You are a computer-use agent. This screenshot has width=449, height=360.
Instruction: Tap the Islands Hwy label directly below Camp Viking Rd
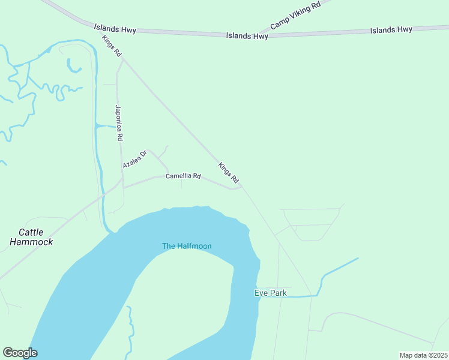pos(247,36)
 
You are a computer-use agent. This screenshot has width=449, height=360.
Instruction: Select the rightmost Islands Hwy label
pos(391,29)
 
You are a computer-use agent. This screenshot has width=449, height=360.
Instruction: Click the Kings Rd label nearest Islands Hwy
pos(112,47)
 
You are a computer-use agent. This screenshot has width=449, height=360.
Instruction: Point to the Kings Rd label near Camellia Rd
pos(229,173)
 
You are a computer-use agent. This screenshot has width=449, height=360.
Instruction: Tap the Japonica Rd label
pos(119,123)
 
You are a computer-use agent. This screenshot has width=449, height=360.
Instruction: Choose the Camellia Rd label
pos(183,176)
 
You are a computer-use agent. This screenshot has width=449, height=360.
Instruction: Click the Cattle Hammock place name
pos(31,237)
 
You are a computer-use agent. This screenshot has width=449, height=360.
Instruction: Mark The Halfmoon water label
pos(187,246)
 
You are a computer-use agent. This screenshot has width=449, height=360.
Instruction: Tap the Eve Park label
pos(270,293)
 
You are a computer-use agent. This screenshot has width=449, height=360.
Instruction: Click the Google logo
pos(20,353)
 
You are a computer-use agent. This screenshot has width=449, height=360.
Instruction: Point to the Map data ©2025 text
pos(423,355)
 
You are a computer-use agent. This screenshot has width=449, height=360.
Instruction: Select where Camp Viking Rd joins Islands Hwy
pos(259,34)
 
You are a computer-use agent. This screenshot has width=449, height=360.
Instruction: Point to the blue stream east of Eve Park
pos(339,268)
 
